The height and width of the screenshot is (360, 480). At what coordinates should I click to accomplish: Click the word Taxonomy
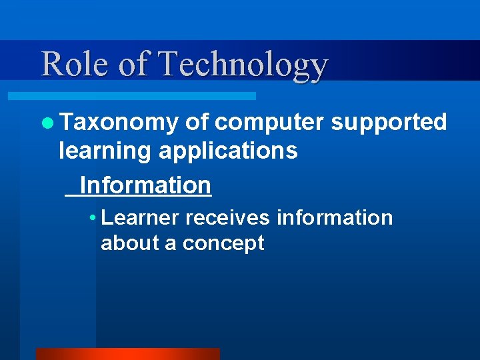tap(119, 123)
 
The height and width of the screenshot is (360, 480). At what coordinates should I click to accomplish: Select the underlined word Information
tap(145, 185)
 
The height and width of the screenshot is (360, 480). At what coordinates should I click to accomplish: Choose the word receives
tap(228, 218)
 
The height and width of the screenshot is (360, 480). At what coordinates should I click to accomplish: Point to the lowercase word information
tap(335, 218)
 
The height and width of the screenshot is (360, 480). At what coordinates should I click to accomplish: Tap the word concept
tap(223, 244)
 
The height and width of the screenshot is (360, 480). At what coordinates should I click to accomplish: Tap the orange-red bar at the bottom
tap(127, 353)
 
